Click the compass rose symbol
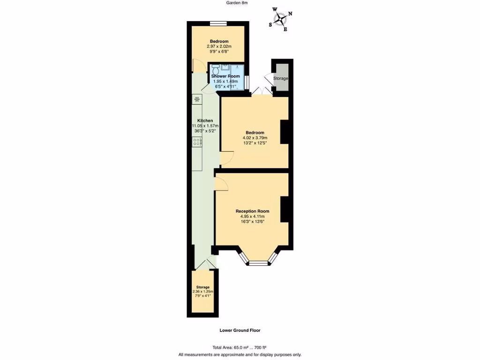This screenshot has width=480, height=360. [x=281, y=19]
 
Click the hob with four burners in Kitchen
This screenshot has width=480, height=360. [x=197, y=142]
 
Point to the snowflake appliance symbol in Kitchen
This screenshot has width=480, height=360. [x=197, y=99]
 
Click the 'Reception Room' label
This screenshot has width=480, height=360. [x=252, y=211]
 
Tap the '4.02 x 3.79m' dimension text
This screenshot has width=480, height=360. [x=255, y=138]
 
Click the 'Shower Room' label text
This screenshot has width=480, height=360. [x=225, y=76]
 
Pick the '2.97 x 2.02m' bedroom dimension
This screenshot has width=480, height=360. [x=219, y=46]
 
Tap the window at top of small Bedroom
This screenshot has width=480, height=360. [x=218, y=23]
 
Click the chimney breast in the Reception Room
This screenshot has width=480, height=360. [x=284, y=209]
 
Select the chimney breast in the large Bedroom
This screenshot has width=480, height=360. [x=284, y=132]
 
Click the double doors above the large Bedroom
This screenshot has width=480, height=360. [x=262, y=92]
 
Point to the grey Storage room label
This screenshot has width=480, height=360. [x=281, y=78]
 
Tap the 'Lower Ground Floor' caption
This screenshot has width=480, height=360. [x=240, y=330]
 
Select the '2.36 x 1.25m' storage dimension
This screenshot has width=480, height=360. [x=202, y=291]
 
